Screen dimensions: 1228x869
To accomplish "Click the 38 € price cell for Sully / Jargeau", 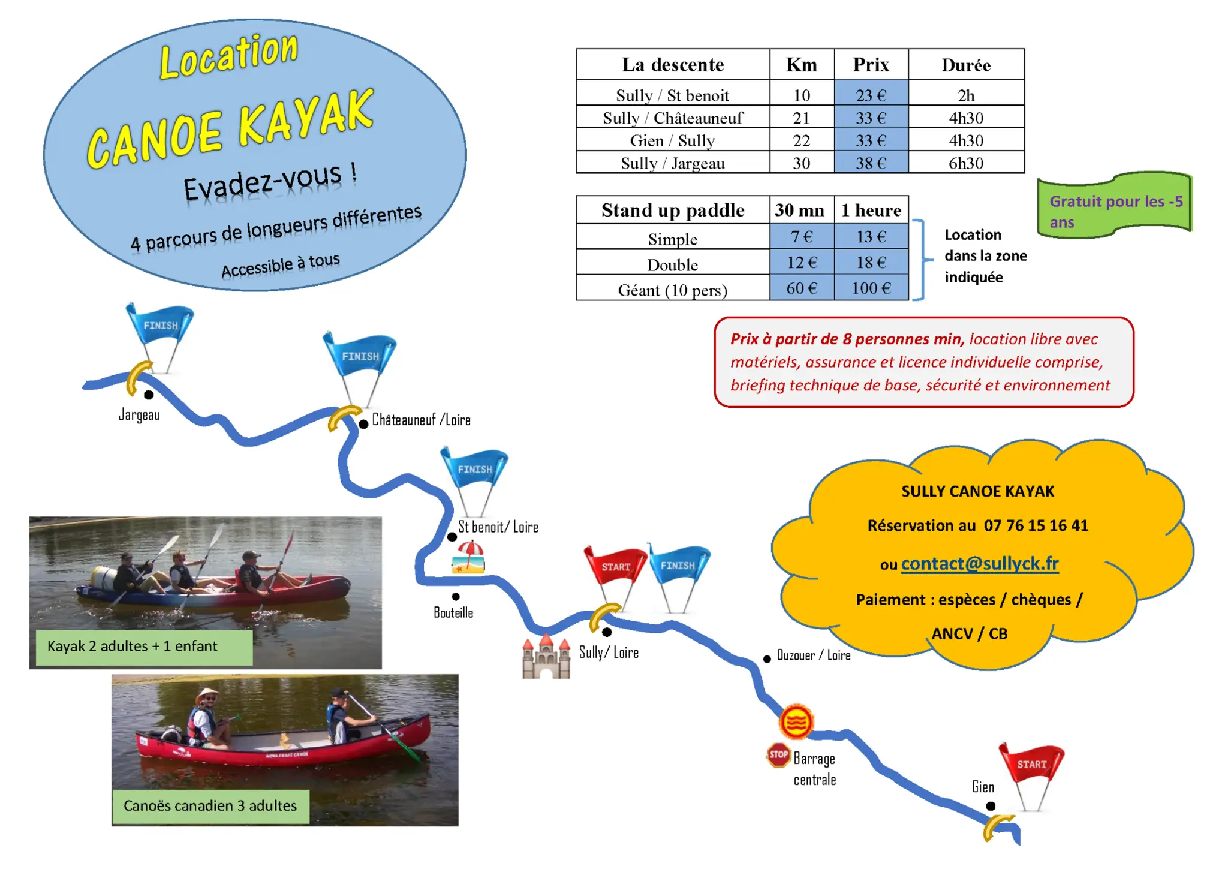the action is point(871,163).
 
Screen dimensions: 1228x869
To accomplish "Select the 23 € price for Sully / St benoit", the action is point(871,95).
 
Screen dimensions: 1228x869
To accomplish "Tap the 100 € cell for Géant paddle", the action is point(871,288).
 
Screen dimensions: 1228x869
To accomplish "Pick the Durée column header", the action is point(966,65).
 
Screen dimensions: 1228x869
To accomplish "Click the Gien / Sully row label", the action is point(672,140).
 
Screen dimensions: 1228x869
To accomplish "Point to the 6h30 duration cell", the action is point(966,163).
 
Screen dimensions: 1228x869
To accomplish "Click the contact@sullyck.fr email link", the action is point(980,563).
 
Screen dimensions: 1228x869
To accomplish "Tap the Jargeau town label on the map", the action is point(139,414).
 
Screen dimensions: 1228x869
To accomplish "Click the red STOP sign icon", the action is point(778,754).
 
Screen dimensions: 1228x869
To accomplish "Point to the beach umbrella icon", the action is point(469,557).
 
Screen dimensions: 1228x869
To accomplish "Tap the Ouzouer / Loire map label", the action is point(814,655).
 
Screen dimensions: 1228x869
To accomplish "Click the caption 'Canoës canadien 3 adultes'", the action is point(210,805).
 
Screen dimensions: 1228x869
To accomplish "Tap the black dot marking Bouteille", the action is point(456,596).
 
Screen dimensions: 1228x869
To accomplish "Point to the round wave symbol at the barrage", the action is point(796,721).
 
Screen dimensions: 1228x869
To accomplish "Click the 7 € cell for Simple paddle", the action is point(802,236).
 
